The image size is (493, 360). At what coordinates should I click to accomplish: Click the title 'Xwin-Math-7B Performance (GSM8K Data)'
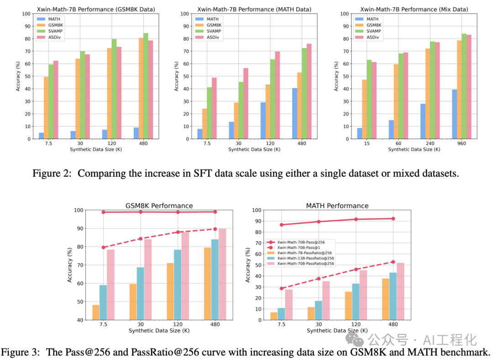(95, 9)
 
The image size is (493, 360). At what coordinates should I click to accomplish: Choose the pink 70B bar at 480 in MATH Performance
(400, 291)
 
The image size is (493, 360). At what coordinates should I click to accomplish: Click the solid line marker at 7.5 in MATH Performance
(282, 225)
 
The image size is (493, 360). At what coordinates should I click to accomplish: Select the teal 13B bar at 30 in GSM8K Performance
(140, 293)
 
